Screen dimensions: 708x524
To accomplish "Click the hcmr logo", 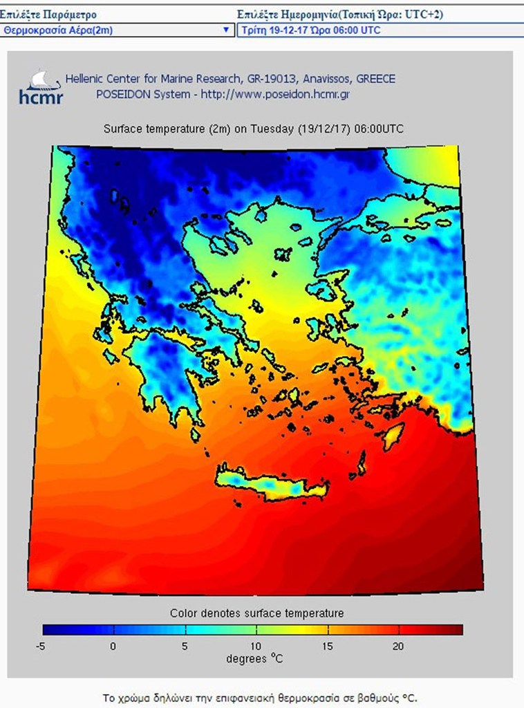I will pyautogui.click(x=41, y=87).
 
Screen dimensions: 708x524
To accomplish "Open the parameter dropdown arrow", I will pyautogui.click(x=225, y=30).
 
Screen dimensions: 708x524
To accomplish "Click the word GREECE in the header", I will pyautogui.click(x=375, y=79).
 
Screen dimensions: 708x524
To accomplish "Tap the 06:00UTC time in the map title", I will pyautogui.click(x=379, y=129).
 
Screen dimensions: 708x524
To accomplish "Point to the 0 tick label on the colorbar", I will pyautogui.click(x=113, y=646).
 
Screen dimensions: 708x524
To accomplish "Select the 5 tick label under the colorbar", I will pyautogui.click(x=185, y=646).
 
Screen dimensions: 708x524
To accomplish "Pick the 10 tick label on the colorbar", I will pyautogui.click(x=256, y=646).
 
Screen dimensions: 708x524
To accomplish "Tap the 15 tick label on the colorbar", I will pyautogui.click(x=327, y=646).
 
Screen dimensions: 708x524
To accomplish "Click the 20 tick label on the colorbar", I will pyautogui.click(x=398, y=646).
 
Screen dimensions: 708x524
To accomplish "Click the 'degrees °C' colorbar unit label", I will pyautogui.click(x=254, y=659).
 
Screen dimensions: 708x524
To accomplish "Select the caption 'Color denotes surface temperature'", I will pyautogui.click(x=256, y=613).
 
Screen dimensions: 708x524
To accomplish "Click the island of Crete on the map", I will pyautogui.click(x=270, y=485).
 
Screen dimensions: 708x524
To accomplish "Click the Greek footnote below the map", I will pyautogui.click(x=260, y=698).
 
